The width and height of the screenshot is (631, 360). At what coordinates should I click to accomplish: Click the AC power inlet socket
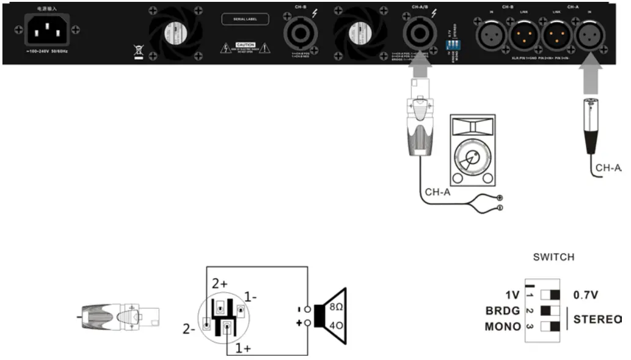tap(46, 30)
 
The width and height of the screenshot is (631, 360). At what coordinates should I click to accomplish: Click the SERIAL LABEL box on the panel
tap(244, 19)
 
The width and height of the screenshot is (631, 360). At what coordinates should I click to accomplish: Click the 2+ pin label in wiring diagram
tap(220, 284)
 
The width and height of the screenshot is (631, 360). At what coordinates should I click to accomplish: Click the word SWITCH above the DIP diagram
tap(553, 257)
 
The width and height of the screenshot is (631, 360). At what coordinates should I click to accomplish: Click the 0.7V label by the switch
tap(585, 295)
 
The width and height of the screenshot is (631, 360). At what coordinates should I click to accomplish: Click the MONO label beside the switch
tap(503, 326)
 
